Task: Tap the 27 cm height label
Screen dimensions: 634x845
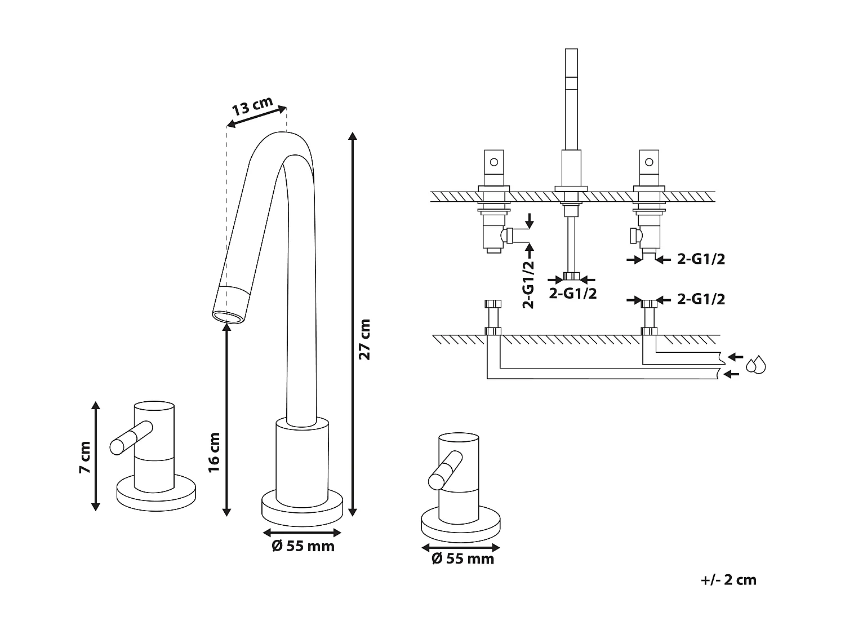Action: point(364,339)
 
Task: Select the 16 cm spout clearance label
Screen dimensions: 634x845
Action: point(214,452)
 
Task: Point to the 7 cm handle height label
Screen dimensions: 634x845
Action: point(84,456)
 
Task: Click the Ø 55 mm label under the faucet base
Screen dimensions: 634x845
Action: point(303,546)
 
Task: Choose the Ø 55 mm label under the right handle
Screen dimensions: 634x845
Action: point(462,558)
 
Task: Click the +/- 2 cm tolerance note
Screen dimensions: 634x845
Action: point(729,580)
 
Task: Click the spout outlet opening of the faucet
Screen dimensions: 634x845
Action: point(229,317)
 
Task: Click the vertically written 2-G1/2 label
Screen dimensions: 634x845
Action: point(528,283)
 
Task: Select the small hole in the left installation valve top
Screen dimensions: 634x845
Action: point(494,162)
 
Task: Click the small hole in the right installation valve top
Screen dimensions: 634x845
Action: point(649,162)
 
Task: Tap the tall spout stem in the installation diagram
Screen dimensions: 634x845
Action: point(571,101)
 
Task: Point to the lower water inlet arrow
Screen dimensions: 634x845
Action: point(731,374)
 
